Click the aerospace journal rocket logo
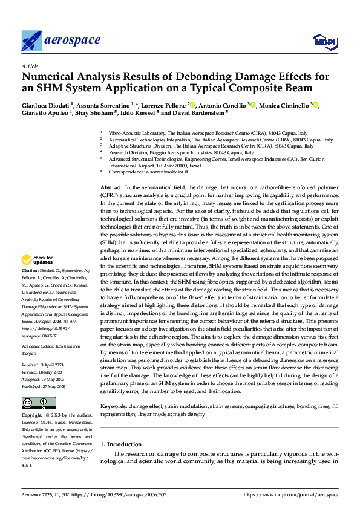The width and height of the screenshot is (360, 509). (32, 41)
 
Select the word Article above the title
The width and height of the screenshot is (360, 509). (30, 66)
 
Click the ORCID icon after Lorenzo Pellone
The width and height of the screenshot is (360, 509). (192, 105)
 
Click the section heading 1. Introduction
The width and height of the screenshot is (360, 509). (120, 444)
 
